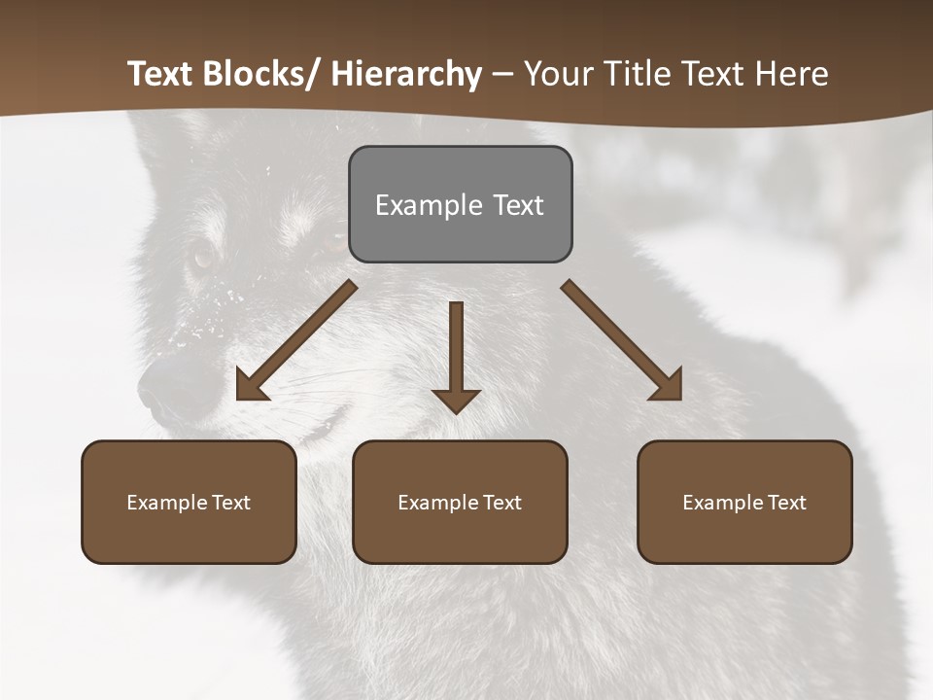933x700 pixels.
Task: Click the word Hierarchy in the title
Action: (406, 74)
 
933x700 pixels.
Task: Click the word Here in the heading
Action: (795, 74)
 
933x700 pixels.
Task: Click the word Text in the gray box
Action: (518, 205)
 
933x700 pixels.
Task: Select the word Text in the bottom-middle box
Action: (501, 503)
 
